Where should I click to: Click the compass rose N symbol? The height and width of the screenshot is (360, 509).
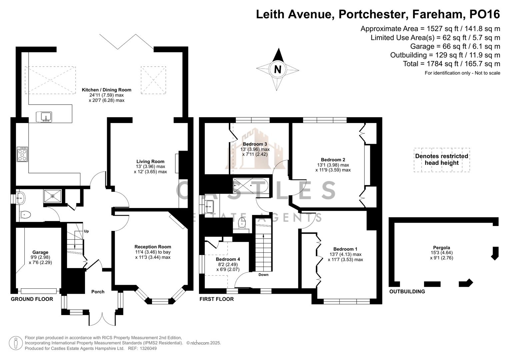(x=277, y=69)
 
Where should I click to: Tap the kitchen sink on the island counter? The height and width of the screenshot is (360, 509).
(x=44, y=117)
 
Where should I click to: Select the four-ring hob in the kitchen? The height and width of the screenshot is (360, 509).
(x=22, y=154)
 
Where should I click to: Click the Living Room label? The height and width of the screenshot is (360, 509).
(x=150, y=161)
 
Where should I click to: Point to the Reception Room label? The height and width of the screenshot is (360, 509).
(x=153, y=247)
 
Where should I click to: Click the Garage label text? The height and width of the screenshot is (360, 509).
(x=40, y=252)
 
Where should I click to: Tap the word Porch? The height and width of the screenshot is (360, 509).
(x=98, y=292)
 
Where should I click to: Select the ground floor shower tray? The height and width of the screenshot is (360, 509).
(x=52, y=196)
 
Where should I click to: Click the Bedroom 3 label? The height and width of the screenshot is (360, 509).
(x=255, y=144)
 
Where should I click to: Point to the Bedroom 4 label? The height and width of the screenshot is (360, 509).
(x=228, y=259)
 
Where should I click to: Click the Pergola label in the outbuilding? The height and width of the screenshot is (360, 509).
(x=441, y=248)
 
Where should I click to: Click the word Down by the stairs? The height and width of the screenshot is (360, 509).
(x=263, y=275)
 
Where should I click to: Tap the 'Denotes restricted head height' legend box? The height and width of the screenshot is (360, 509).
(x=442, y=160)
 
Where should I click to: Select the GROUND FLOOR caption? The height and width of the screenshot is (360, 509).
(x=32, y=299)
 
